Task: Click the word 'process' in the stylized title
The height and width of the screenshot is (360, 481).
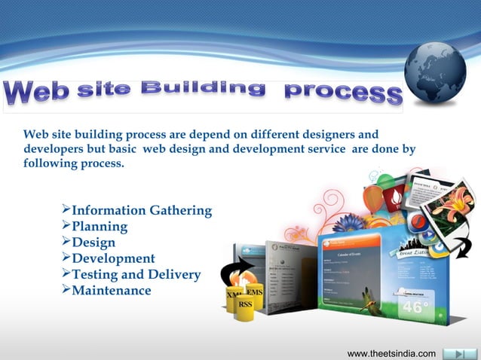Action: point(342,93)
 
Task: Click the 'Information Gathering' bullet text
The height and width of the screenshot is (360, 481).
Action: point(141,210)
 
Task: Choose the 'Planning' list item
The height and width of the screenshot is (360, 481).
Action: point(99,226)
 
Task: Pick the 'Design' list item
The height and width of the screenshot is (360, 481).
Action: point(93,243)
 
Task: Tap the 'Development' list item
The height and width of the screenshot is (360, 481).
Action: point(112,258)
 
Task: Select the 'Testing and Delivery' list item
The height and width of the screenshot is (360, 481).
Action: point(136,274)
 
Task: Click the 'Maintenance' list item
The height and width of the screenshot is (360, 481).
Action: point(111,290)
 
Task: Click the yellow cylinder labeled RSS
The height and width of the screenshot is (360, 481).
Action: point(245,305)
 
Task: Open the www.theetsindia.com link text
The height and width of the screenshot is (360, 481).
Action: point(391,353)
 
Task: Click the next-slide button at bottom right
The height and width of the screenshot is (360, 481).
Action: point(456,353)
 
